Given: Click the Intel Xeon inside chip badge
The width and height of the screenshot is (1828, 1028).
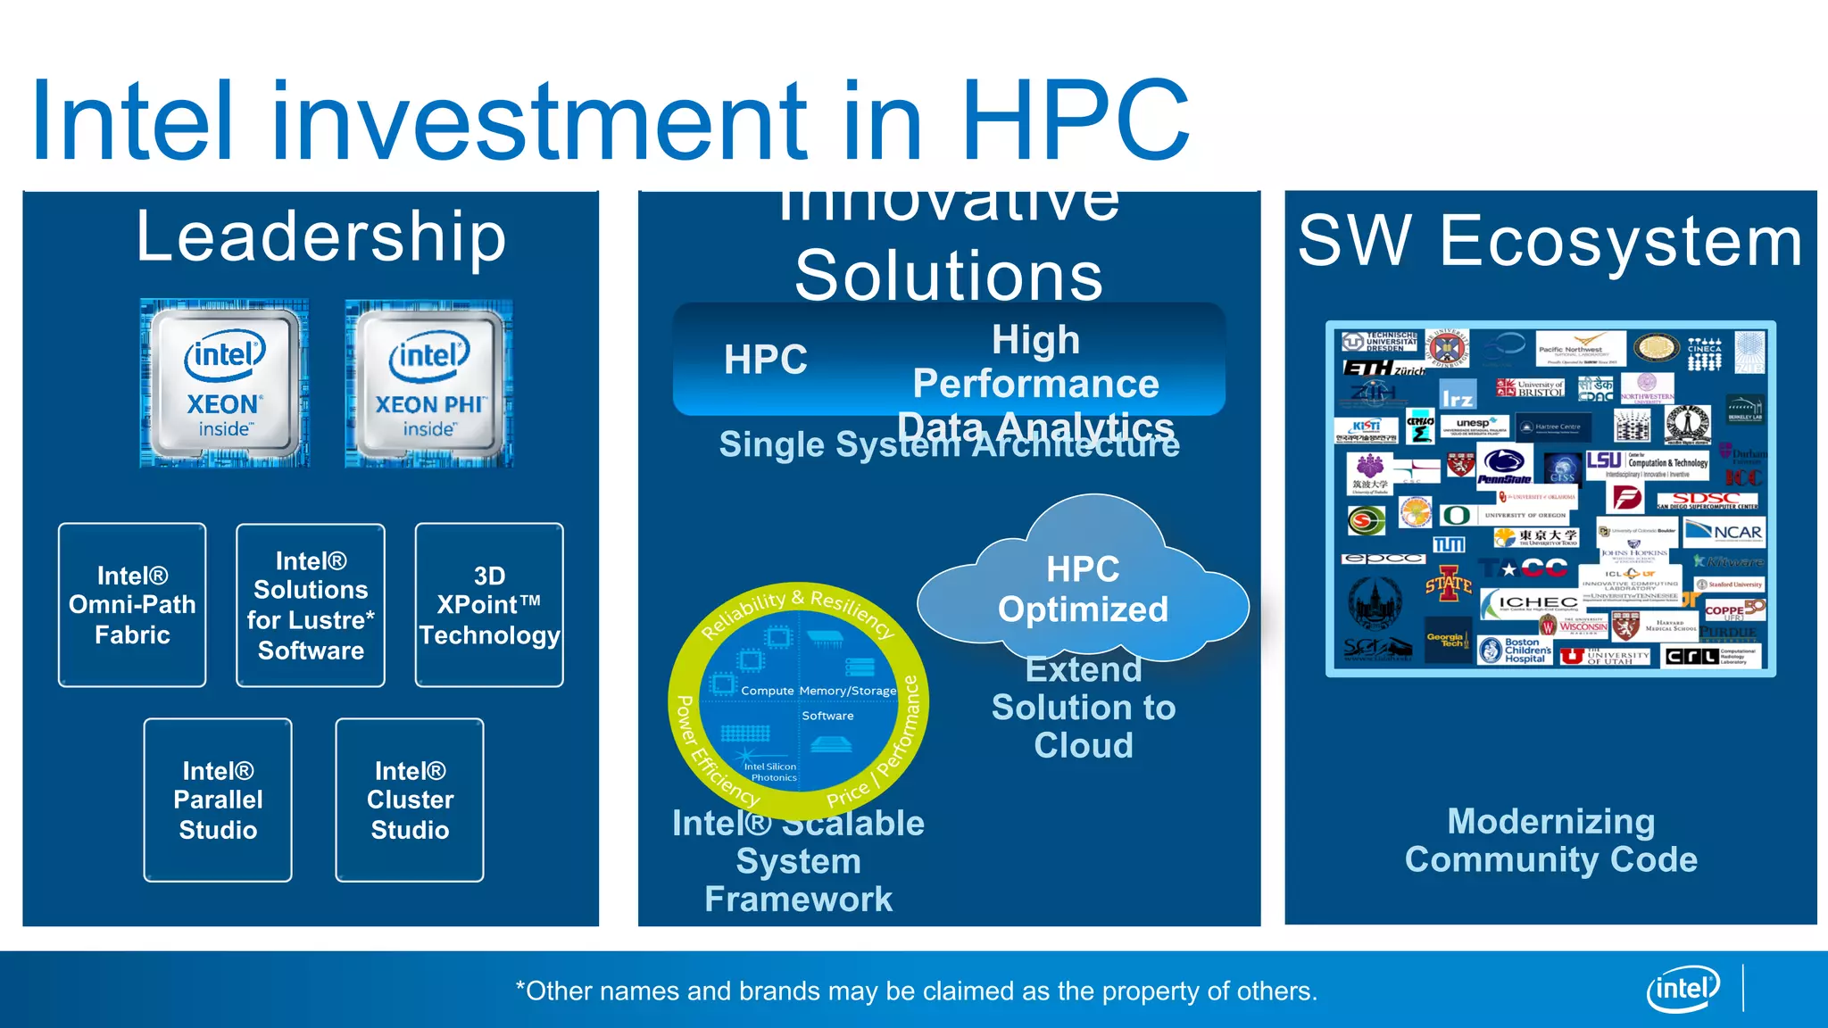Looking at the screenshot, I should [224, 384].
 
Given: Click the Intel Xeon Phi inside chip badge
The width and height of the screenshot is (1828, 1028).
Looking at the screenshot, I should [429, 384].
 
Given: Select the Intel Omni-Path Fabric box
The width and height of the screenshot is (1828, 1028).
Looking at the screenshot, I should [132, 605].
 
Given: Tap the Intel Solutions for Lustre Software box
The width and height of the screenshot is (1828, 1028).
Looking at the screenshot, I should [311, 605].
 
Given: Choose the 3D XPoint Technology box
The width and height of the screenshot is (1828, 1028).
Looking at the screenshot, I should [489, 605].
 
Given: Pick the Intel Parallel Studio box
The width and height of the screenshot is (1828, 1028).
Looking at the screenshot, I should [218, 800].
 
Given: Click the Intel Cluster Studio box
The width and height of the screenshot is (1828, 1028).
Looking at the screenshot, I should [410, 800].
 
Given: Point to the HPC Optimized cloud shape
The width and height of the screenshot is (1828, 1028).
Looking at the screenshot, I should [1083, 589].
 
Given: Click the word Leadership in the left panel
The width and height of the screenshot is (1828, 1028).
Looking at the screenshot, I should [321, 237].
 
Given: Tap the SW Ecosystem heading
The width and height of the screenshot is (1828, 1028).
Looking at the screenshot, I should [1550, 241].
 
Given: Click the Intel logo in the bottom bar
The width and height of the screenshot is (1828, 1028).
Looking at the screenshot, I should [1683, 989].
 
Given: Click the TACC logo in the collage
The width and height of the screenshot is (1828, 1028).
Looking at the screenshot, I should [1523, 568].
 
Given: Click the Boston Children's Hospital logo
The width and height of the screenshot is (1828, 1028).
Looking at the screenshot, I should [1516, 650].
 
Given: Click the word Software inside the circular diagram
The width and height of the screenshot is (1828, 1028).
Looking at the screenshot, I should [827, 716].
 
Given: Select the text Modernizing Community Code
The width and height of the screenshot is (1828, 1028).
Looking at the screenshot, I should [1550, 840].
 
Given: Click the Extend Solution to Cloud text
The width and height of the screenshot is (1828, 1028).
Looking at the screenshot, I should [1084, 707].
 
